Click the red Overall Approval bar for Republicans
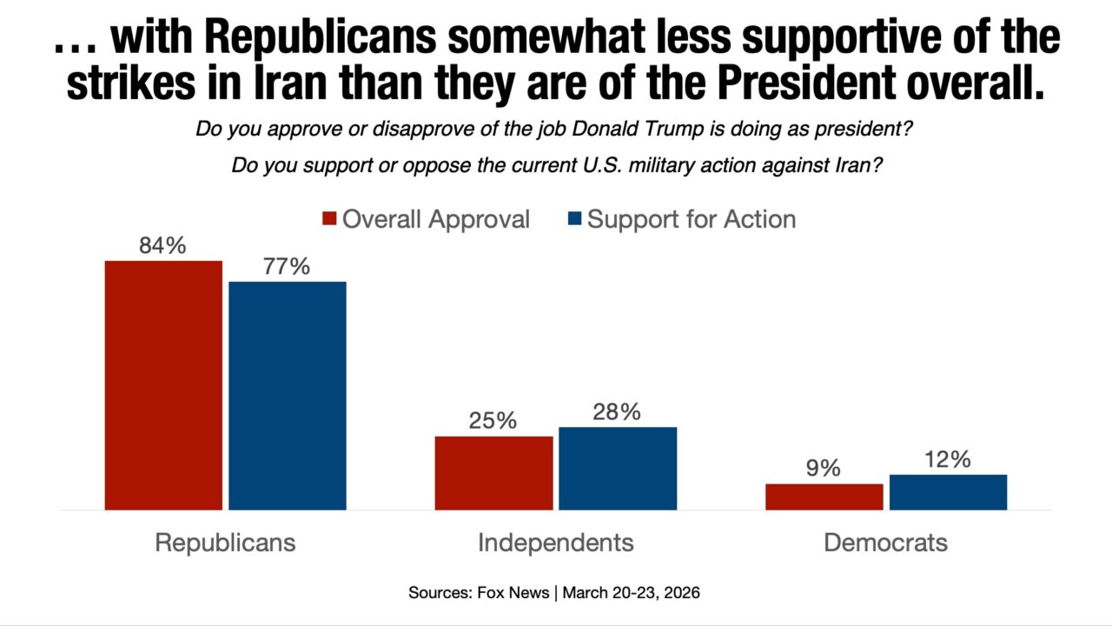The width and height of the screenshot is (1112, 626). (163, 384)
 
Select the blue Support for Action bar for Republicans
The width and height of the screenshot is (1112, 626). (288, 396)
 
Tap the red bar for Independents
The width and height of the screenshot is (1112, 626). (493, 472)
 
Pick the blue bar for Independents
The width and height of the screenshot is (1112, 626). (618, 468)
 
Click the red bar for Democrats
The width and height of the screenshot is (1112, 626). (824, 496)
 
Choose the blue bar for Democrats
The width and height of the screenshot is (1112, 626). (948, 492)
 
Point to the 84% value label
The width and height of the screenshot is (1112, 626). (162, 246)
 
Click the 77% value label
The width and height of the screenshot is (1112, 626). (287, 267)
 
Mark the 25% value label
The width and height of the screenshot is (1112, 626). (493, 422)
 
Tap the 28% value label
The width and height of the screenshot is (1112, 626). (617, 412)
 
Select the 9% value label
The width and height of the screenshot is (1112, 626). (823, 469)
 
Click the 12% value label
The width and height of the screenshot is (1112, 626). (947, 460)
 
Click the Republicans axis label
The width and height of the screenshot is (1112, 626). (225, 543)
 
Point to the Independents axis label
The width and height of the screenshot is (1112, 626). (555, 543)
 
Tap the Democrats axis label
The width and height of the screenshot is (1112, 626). (885, 543)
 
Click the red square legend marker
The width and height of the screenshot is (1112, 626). (329, 218)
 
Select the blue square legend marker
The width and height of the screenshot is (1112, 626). (574, 218)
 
